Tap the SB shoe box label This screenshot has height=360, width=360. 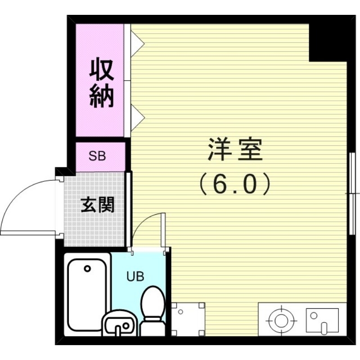coord(97,156)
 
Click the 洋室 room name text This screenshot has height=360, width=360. coord(234,150)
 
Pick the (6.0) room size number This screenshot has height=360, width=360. coord(234,183)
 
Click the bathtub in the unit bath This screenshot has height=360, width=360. coord(87,295)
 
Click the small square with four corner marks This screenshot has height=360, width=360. coord(188,319)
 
